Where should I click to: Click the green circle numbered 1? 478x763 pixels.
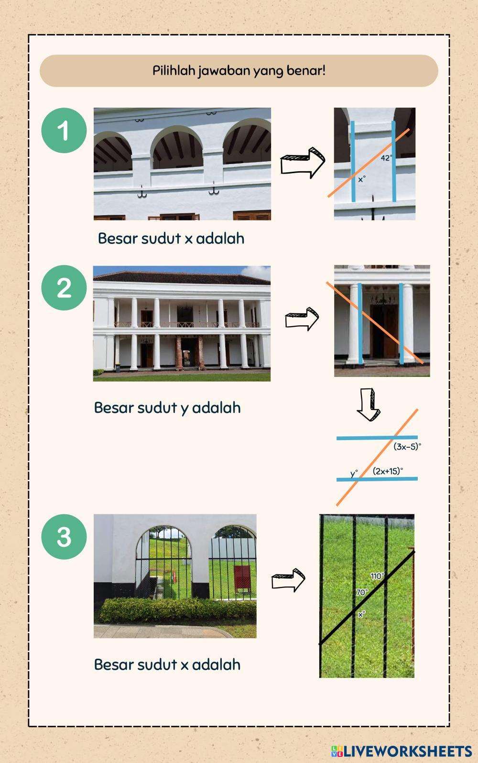64,131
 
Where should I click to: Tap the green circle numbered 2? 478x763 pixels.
64,288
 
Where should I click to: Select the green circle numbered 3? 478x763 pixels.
64,537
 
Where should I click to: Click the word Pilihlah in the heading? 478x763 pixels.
174,70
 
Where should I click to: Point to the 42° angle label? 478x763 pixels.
386,158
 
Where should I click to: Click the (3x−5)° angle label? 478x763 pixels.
407,447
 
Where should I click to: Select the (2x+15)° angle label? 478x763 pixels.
388,471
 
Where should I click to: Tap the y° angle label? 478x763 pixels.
354,474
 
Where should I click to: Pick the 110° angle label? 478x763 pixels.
377,576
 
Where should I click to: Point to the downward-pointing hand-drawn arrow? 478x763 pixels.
369,404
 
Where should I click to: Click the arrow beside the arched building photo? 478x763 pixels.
302,163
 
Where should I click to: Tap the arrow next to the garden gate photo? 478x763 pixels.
288,580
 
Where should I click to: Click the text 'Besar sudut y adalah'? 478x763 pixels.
167,408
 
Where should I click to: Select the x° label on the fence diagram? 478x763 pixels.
361,614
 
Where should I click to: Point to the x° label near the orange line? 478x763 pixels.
362,179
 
